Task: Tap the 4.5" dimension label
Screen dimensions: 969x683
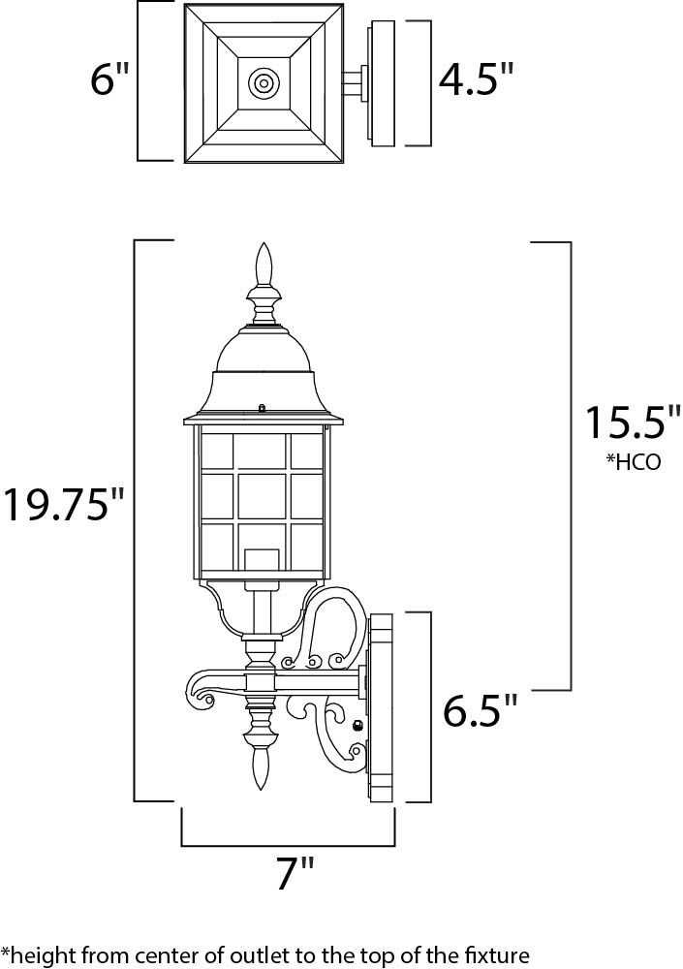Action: [476, 79]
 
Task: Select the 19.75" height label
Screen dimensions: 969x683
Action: [64, 504]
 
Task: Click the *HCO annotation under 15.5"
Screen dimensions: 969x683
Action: [634, 462]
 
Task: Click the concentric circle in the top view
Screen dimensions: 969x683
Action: [263, 82]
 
